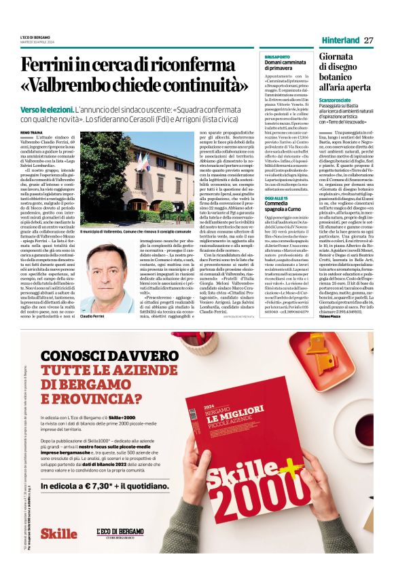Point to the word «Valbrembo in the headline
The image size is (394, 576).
pos(69,88)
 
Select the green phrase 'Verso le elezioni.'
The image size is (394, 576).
pos(47,109)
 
